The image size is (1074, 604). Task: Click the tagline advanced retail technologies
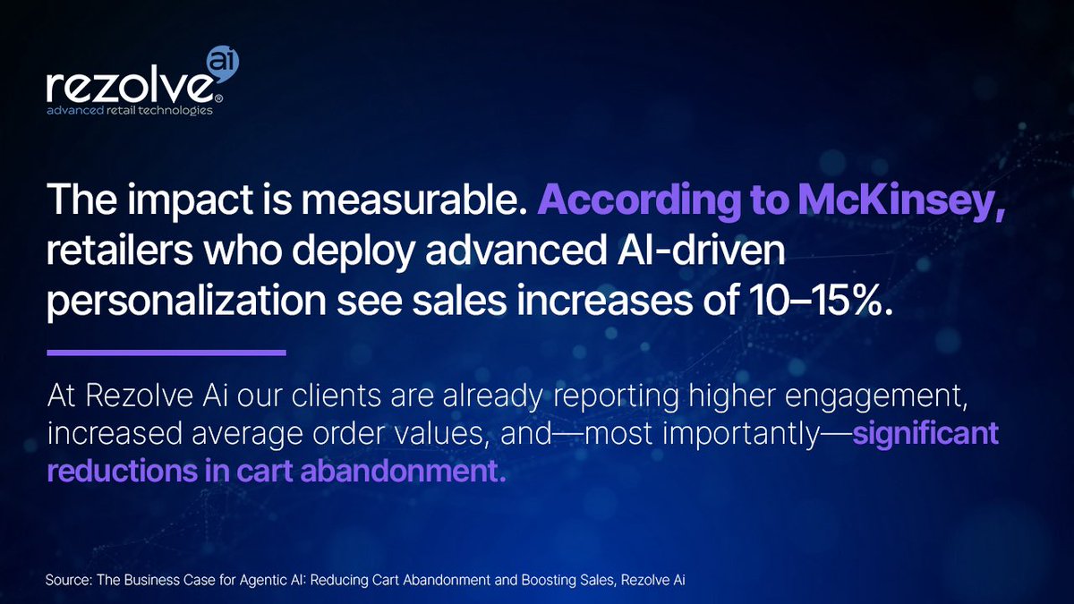point(131,111)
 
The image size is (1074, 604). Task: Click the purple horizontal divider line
point(166,353)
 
